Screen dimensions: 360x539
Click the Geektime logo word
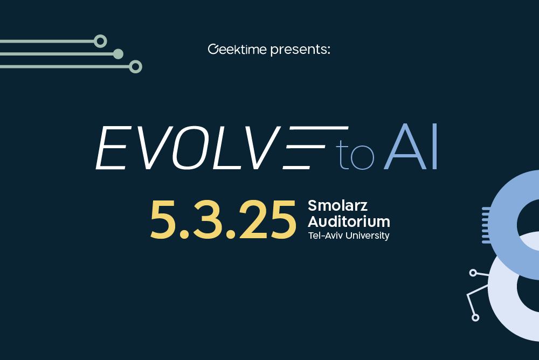click(x=237, y=50)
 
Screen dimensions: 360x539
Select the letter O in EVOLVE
click(x=194, y=148)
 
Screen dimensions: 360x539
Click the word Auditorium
click(x=349, y=220)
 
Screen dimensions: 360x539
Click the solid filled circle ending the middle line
click(x=119, y=54)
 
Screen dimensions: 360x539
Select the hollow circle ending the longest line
click(x=135, y=67)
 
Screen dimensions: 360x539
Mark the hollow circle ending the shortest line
click(x=100, y=41)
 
